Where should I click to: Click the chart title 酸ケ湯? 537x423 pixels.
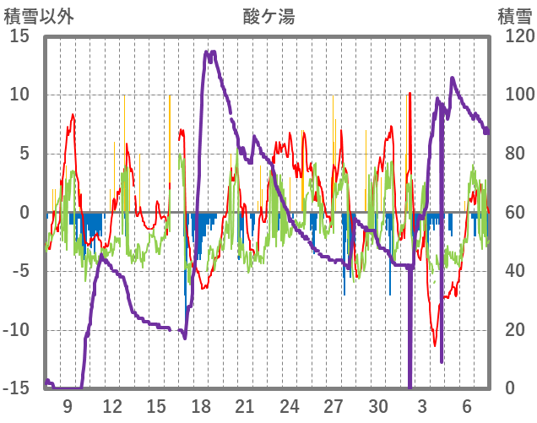(x=268, y=16)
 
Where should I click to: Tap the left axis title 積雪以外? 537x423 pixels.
(x=34, y=16)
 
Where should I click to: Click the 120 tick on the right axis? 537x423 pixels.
(x=513, y=36)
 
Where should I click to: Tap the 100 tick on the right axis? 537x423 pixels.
(x=513, y=95)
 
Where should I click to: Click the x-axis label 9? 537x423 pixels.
(x=68, y=405)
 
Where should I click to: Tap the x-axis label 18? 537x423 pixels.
(x=201, y=405)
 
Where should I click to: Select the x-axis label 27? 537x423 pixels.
(x=334, y=405)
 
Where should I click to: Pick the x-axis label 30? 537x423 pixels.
(x=378, y=405)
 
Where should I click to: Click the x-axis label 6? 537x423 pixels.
(x=467, y=405)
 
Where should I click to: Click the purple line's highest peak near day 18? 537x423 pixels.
(x=210, y=52)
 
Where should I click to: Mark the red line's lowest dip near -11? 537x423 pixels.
(x=435, y=344)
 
